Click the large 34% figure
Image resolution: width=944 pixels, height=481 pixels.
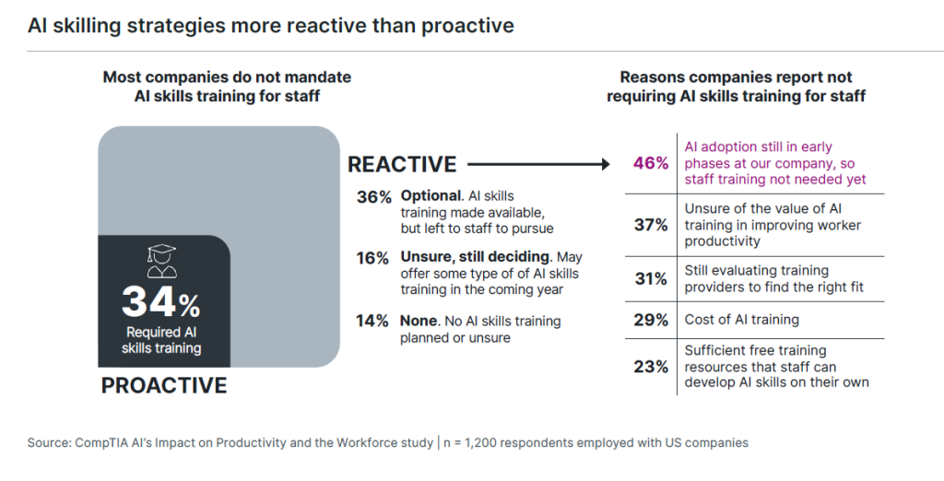pyautogui.click(x=160, y=301)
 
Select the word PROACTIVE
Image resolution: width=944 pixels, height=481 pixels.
pyautogui.click(x=164, y=385)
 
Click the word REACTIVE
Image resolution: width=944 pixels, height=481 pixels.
pyautogui.click(x=402, y=165)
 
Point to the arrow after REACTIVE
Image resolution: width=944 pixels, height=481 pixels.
pyautogui.click(x=539, y=165)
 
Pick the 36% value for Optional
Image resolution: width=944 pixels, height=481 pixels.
pyautogui.click(x=373, y=196)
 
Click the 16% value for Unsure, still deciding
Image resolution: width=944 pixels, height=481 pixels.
pyautogui.click(x=373, y=258)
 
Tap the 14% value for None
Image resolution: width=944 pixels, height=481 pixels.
pyautogui.click(x=373, y=321)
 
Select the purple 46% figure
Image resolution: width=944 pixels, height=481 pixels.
pyautogui.click(x=650, y=163)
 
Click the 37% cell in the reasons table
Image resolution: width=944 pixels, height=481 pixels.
pyautogui.click(x=650, y=225)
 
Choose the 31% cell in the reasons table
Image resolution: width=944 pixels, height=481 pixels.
pyautogui.click(x=650, y=278)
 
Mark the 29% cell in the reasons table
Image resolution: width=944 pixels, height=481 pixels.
pyautogui.click(x=650, y=320)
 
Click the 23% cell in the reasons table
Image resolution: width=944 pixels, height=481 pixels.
pyautogui.click(x=650, y=366)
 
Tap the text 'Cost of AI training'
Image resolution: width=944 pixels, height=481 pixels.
pyautogui.click(x=741, y=320)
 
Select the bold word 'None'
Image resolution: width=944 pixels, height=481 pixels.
pyautogui.click(x=419, y=321)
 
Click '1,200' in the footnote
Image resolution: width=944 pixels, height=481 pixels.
pyautogui.click(x=486, y=442)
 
